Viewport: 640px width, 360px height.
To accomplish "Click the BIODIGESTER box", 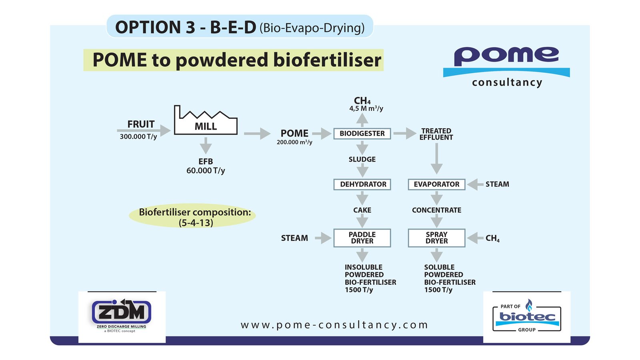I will (x=362, y=134).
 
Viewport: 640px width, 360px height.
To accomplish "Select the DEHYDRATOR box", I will (x=362, y=184).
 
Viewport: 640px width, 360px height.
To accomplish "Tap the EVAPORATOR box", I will (x=436, y=184).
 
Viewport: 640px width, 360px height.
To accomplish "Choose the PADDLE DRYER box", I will (x=362, y=238).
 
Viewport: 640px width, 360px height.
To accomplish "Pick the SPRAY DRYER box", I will (x=436, y=238).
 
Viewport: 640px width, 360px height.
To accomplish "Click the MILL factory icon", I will (x=206, y=121).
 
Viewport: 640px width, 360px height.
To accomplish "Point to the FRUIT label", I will (x=141, y=124).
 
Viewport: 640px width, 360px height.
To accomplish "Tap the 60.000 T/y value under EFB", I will (x=206, y=171).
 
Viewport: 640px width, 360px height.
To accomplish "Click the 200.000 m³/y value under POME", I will (x=294, y=142).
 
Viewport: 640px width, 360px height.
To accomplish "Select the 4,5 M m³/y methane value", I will (x=366, y=109).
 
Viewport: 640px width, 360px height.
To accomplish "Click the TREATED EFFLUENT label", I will (x=436, y=134).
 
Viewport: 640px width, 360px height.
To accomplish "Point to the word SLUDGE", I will (x=362, y=159).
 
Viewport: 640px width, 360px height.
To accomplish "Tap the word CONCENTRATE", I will (x=436, y=210).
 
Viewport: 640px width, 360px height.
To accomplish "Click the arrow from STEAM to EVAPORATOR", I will (x=475, y=184).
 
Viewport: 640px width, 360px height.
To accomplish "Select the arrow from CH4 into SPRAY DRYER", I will (x=475, y=238).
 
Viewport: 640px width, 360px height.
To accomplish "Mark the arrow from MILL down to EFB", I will (x=206, y=146).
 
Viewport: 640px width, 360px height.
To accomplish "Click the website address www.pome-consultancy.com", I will (x=334, y=325).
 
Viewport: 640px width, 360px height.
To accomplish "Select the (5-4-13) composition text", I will (x=196, y=223).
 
